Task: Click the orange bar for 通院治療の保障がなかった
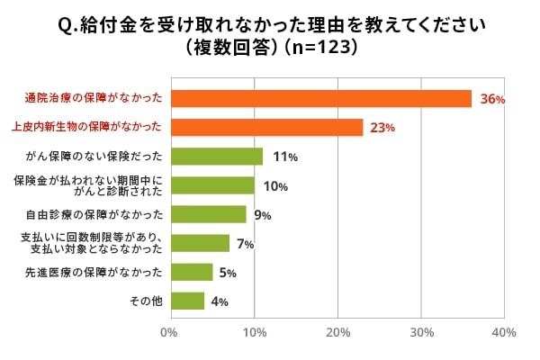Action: point(320,99)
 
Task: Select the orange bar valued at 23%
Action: point(266,128)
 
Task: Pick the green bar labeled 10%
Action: point(211,185)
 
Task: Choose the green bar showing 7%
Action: point(199,243)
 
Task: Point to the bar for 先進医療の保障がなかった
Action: point(191,272)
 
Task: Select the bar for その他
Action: point(186,301)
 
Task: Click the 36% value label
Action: point(492,100)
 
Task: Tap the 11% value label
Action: point(284,157)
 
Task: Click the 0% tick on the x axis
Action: point(169,333)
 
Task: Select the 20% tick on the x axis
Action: point(337,333)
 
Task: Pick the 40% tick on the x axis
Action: point(504,333)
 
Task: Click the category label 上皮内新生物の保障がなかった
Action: point(91,128)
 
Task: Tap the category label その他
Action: point(148,301)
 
